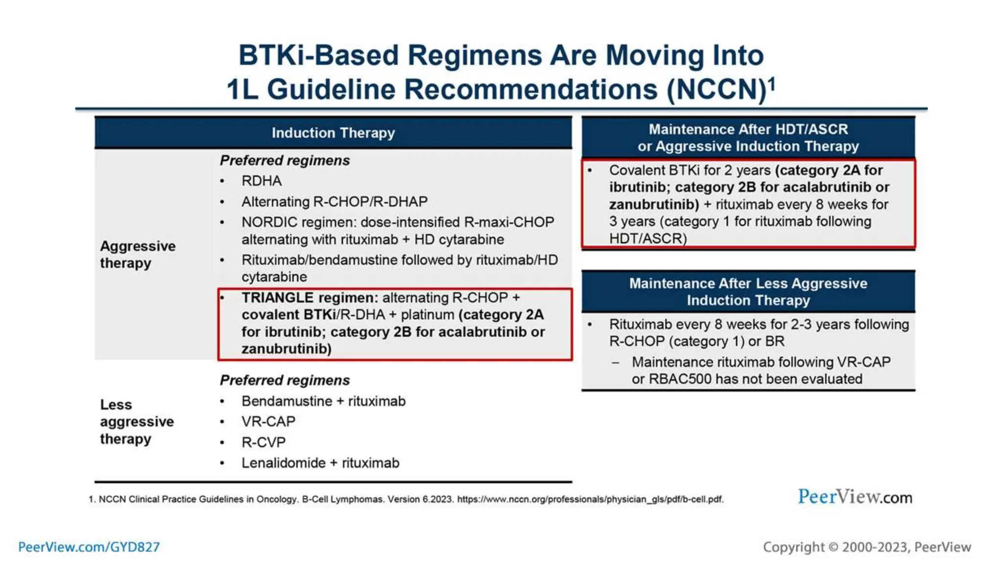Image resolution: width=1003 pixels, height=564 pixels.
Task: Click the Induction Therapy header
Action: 333,133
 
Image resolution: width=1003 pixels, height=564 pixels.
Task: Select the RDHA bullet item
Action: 262,181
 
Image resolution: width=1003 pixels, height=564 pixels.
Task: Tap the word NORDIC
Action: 269,222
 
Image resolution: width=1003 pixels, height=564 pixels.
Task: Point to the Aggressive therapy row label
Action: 138,254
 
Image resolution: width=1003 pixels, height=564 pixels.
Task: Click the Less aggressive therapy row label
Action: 137,422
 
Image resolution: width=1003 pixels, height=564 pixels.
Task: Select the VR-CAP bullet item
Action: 268,422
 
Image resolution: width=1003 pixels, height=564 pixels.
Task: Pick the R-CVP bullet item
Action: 263,442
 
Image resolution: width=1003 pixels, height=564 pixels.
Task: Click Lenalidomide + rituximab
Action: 320,463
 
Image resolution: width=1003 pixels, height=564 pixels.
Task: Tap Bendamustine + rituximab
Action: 323,401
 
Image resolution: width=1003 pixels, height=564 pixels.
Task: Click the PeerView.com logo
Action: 855,497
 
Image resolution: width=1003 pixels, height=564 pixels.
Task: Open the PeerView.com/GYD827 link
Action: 89,547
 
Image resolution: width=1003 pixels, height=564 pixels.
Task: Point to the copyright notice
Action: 867,547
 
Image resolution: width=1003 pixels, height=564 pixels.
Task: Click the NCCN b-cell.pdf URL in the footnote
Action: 590,499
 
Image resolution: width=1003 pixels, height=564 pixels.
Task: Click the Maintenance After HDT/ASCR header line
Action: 748,129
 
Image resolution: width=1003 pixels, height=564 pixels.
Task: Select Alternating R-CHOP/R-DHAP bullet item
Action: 334,201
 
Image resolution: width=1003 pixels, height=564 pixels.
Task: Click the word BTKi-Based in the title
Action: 318,55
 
